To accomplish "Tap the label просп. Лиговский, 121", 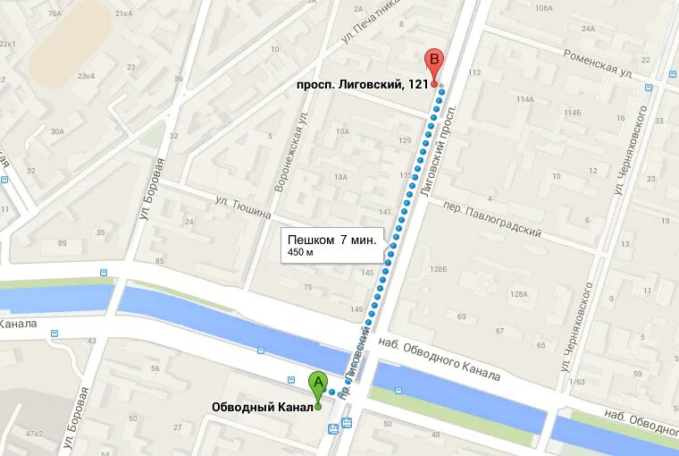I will (x=363, y=85).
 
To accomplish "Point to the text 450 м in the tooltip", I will (x=300, y=253).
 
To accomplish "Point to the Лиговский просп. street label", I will (x=437, y=151).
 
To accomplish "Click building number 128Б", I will (x=438, y=268).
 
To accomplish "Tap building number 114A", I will (x=524, y=99).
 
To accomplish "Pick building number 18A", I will (x=340, y=177).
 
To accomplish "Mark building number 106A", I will (x=543, y=7).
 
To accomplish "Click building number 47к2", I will (x=34, y=434).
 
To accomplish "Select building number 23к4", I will (x=86, y=76).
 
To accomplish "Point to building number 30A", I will (x=57, y=131).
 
